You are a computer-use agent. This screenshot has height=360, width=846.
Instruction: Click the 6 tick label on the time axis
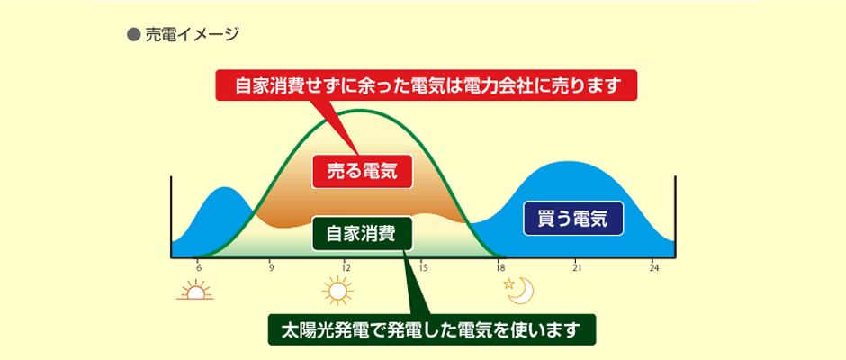[199, 267]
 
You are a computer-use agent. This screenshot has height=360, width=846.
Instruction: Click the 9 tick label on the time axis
[272, 267]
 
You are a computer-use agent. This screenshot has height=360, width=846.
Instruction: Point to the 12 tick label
[346, 267]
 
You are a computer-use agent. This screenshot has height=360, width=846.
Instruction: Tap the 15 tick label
[423, 267]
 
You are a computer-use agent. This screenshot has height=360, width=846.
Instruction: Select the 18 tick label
[500, 267]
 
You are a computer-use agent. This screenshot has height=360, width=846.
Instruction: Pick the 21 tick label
[577, 267]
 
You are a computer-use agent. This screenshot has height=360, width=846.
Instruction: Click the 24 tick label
[654, 267]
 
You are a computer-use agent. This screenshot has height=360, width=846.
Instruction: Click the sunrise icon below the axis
[195, 291]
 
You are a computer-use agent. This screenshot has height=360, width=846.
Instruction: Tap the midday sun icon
[337, 291]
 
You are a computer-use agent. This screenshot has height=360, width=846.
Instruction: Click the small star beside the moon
[508, 283]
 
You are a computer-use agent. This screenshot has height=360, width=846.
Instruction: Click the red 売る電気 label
[363, 171]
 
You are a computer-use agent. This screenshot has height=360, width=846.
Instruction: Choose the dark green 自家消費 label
[363, 234]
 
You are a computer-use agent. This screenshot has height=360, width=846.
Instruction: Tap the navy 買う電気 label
[573, 219]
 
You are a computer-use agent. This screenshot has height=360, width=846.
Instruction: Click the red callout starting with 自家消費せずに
[427, 85]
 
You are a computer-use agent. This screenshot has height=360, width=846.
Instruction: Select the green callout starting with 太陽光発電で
[432, 329]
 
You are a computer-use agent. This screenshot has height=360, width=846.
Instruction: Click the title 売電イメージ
[192, 35]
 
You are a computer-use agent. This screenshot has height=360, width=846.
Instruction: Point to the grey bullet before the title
[133, 35]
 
